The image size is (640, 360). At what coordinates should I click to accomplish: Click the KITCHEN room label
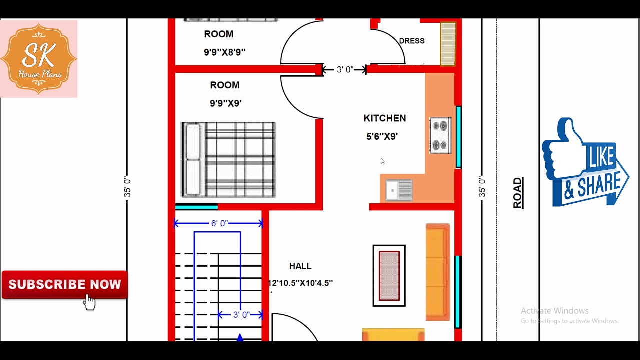385,118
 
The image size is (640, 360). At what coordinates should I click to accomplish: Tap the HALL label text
300,266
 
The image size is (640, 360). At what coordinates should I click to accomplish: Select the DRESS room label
412,41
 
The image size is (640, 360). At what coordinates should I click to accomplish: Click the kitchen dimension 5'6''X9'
382,136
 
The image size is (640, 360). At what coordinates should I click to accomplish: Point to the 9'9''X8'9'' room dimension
225,52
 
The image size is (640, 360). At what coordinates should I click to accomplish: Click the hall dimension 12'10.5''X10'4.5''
300,283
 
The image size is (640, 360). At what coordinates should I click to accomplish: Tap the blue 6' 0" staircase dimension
219,223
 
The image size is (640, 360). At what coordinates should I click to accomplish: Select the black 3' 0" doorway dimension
345,69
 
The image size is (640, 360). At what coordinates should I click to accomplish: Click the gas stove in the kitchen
441,135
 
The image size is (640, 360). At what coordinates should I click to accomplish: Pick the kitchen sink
399,190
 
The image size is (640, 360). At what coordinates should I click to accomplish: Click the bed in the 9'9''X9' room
228,159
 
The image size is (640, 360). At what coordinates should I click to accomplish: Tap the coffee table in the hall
389,275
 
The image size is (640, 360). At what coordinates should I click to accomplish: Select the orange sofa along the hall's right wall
438,272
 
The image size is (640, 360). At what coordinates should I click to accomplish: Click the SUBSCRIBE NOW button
65,285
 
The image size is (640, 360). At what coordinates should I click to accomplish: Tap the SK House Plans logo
39,59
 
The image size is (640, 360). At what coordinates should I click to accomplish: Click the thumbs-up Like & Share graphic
585,162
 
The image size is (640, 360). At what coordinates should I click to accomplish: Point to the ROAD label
518,193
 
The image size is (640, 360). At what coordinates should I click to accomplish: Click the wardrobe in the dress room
448,44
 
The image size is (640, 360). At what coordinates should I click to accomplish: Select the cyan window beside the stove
458,137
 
